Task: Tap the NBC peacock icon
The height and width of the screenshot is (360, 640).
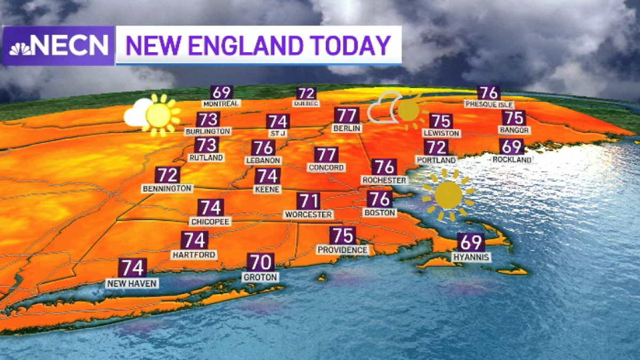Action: (x=20, y=48)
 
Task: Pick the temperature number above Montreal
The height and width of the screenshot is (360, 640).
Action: (x=221, y=92)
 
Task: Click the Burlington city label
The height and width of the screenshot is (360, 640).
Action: (x=208, y=131)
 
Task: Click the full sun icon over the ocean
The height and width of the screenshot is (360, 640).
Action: (x=447, y=195)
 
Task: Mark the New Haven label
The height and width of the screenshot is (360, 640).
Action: (x=132, y=284)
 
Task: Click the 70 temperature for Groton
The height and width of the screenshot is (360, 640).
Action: (x=260, y=262)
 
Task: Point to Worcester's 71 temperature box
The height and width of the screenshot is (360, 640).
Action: (x=308, y=201)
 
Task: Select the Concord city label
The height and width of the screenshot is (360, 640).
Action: (x=326, y=167)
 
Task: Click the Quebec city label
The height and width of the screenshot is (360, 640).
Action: (x=306, y=103)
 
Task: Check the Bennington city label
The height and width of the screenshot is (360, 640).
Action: (x=167, y=188)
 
